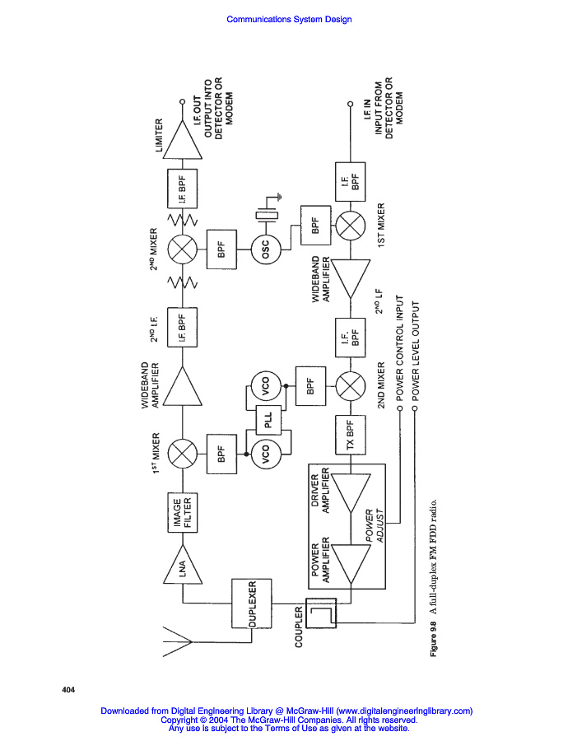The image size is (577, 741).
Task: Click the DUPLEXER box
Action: click(251, 604)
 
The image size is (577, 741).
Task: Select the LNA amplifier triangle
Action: click(183, 564)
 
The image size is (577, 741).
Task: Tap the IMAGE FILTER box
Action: click(183, 513)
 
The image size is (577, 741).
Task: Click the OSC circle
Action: click(266, 249)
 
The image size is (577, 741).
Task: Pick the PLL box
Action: click(268, 420)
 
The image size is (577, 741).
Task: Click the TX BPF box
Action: click(350, 435)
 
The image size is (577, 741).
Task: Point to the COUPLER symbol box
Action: click(321, 613)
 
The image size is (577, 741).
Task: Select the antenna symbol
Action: click(178, 641)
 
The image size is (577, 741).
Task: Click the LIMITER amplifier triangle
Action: click(183, 139)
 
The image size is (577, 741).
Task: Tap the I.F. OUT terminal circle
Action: click(183, 101)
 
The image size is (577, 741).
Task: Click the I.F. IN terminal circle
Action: click(350, 104)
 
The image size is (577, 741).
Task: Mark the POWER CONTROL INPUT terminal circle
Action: click(400, 408)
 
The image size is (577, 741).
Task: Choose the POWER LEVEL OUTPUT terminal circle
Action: click(416, 408)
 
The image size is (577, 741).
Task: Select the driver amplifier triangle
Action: click(350, 493)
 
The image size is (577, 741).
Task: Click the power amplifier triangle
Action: click(350, 564)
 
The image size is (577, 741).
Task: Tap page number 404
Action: click(68, 690)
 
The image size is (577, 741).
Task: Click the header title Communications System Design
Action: click(289, 20)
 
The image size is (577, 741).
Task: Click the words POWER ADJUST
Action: click(375, 525)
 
